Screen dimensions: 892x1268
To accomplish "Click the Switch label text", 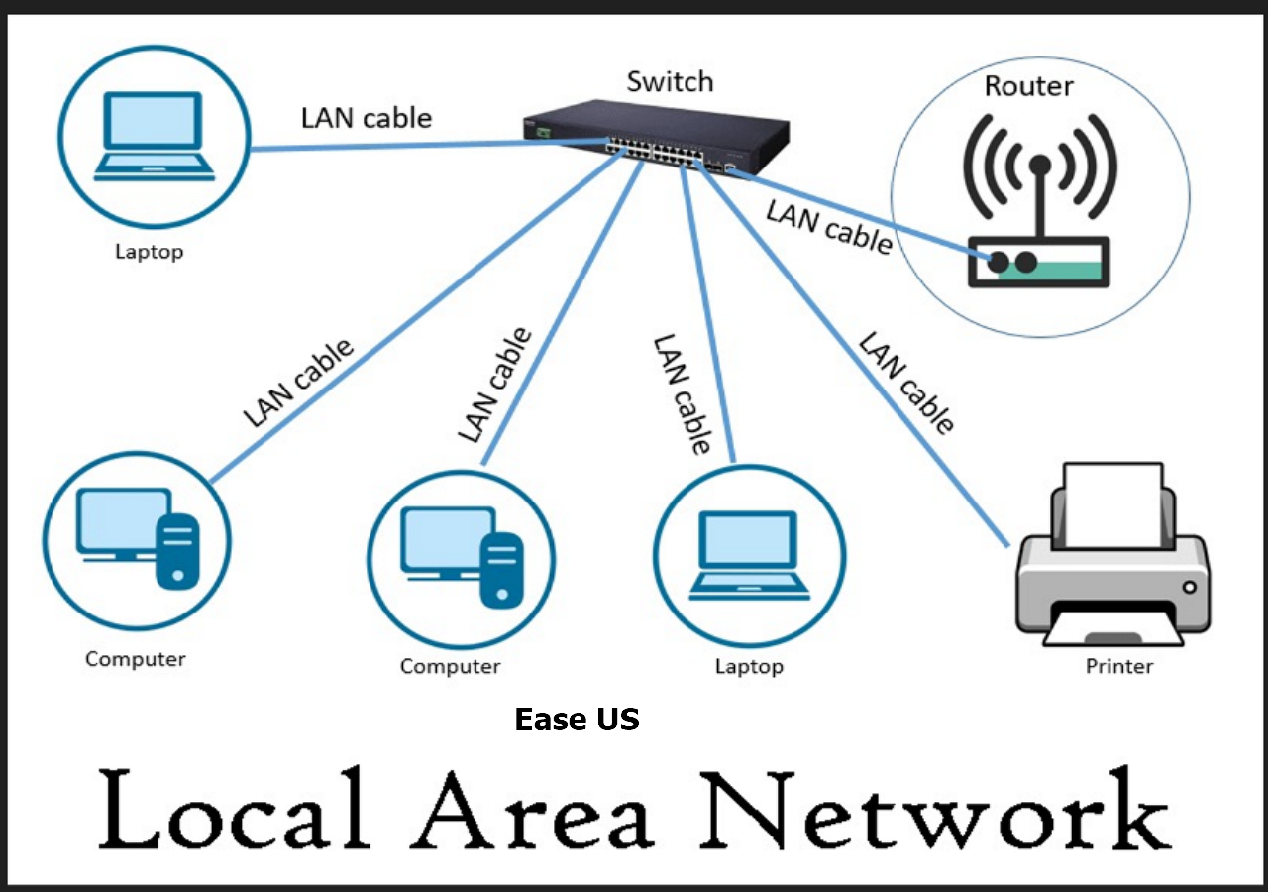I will tap(670, 81).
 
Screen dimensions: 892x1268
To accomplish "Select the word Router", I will tap(1028, 86).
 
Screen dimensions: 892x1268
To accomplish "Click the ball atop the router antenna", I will tap(1039, 165).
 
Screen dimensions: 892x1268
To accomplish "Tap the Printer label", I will tap(1119, 666).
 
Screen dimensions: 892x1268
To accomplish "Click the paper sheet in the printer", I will tap(1113, 504).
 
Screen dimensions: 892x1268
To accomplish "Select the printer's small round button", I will tap(1189, 586).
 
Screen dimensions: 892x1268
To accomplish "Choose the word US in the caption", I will tap(617, 720).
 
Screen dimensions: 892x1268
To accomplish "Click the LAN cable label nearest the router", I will tap(828, 225).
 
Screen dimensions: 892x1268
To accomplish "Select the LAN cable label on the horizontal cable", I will tap(367, 118).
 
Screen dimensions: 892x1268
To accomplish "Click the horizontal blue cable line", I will tap(426, 146).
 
